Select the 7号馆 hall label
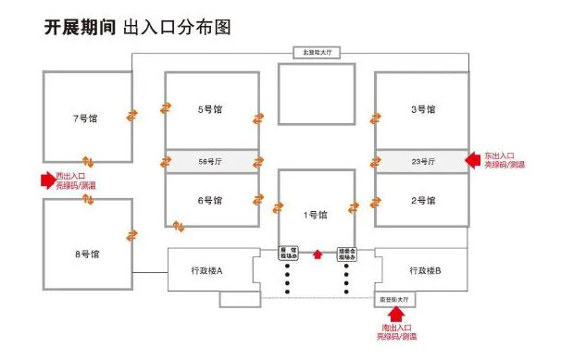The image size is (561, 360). point(85,119)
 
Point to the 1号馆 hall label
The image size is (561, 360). point(317,215)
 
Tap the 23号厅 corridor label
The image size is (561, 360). point(423,161)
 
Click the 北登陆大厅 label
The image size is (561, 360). point(317,52)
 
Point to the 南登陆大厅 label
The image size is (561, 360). point(396,300)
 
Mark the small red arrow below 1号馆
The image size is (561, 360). point(317,252)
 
